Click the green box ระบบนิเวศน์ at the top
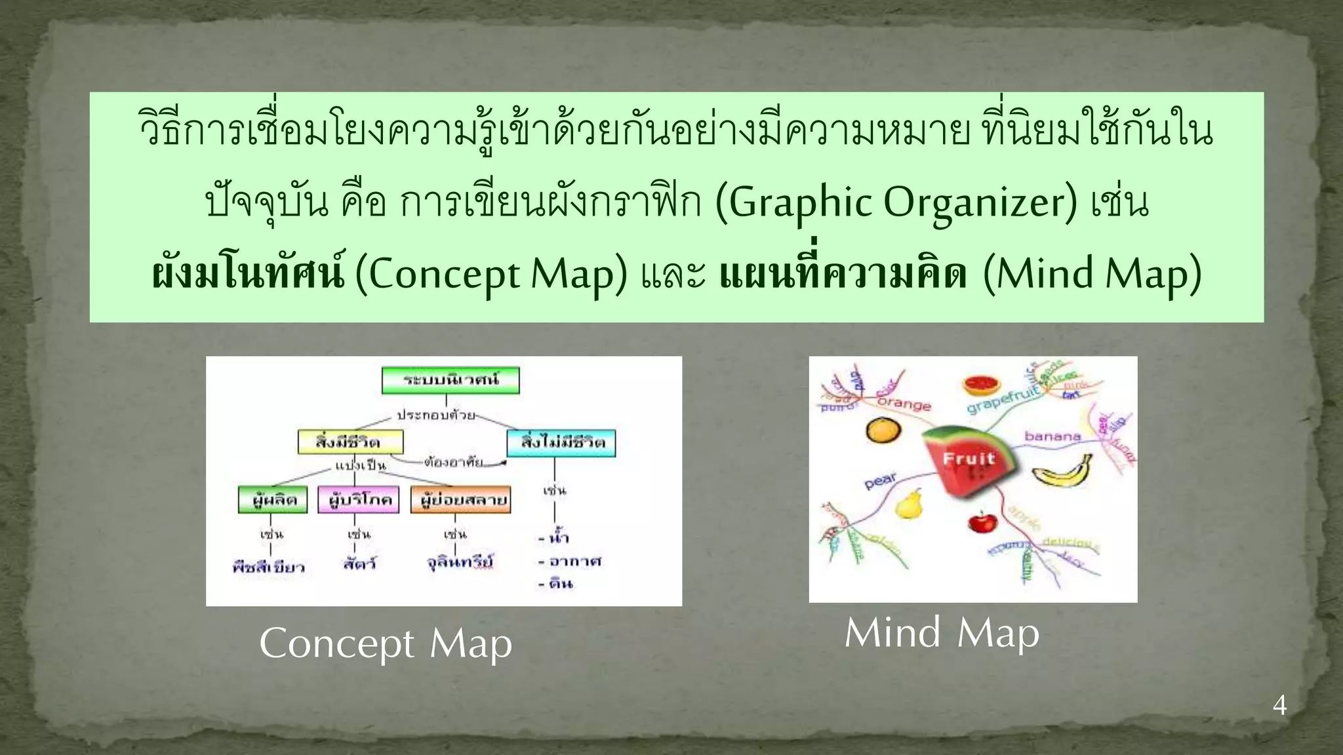(x=451, y=380)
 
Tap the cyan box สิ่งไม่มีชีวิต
(x=561, y=442)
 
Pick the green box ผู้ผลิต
(x=273, y=500)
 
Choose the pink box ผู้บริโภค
(x=359, y=500)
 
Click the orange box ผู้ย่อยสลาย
(x=460, y=500)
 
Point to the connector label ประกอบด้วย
(x=436, y=416)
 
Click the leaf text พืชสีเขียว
(x=269, y=567)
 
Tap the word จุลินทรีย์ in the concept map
(x=460, y=562)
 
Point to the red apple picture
(x=982, y=522)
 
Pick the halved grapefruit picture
(x=982, y=385)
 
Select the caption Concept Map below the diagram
(x=386, y=644)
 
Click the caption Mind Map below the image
(x=942, y=633)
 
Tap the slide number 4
(x=1279, y=706)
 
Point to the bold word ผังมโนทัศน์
(x=248, y=274)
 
